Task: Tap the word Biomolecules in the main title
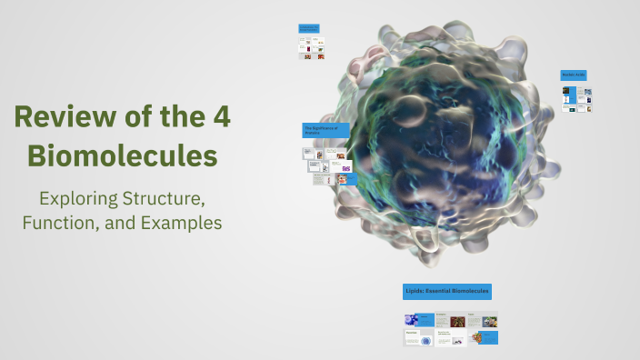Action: point(122,155)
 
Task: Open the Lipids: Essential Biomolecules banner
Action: point(447,292)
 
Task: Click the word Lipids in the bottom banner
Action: point(415,292)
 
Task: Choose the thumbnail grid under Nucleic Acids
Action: point(576,99)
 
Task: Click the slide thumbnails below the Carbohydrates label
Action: point(312,48)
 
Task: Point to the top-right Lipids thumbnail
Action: point(483,320)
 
